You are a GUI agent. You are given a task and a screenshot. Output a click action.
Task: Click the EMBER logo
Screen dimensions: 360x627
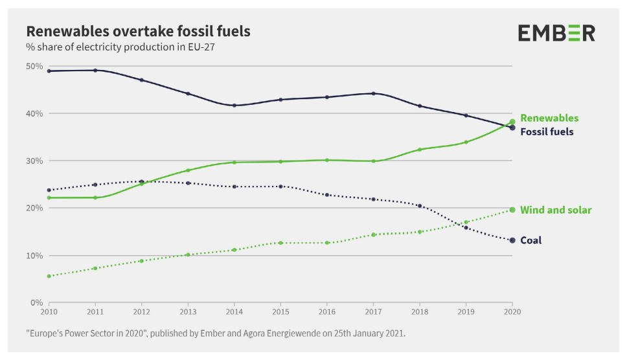click(556, 33)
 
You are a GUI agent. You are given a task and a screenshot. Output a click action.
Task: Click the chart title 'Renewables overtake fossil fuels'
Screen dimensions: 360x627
click(137, 31)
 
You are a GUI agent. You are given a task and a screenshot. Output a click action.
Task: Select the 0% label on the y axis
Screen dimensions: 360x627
click(37, 302)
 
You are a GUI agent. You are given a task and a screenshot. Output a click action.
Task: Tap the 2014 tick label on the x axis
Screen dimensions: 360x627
click(234, 311)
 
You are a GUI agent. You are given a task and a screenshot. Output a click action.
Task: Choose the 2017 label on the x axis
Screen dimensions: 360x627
click(373, 311)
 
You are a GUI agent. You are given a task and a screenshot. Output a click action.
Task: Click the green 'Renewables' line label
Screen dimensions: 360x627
click(549, 118)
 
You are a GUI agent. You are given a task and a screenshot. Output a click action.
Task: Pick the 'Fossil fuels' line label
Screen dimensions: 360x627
click(547, 132)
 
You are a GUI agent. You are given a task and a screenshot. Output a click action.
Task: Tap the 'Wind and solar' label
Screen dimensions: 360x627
click(556, 210)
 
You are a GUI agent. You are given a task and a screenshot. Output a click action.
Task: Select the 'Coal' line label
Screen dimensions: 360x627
click(530, 241)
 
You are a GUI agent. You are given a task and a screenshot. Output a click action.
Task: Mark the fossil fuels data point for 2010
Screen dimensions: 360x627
click(49, 71)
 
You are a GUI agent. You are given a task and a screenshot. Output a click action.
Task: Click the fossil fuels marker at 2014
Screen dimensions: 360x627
click(234, 106)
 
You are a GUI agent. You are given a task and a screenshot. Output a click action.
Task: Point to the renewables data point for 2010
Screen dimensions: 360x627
click(49, 197)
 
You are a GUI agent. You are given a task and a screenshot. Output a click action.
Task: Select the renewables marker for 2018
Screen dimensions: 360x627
click(420, 150)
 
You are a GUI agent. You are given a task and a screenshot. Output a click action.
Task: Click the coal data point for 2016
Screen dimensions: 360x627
click(326, 195)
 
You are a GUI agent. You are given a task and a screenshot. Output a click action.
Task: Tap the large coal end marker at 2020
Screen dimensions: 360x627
click(512, 240)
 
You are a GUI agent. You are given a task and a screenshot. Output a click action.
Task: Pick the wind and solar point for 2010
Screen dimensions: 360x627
click(49, 276)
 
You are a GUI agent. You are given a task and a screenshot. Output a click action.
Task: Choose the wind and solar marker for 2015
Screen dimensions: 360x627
click(280, 243)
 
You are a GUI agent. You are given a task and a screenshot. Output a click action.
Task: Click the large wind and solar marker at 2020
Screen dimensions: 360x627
click(512, 210)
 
